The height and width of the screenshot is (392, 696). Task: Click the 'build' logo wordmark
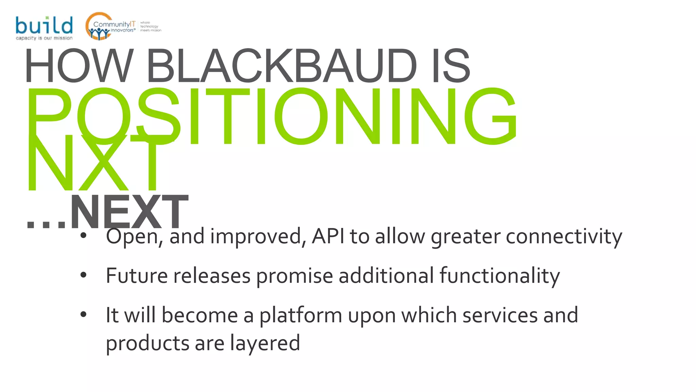click(44, 25)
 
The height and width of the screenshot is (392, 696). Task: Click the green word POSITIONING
click(272, 116)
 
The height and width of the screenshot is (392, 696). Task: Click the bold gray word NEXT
click(129, 212)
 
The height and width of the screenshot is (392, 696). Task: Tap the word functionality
click(500, 276)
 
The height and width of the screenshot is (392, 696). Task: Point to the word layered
click(265, 343)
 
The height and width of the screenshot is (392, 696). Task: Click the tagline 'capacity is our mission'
click(44, 38)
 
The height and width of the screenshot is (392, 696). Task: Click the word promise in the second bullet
click(294, 276)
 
